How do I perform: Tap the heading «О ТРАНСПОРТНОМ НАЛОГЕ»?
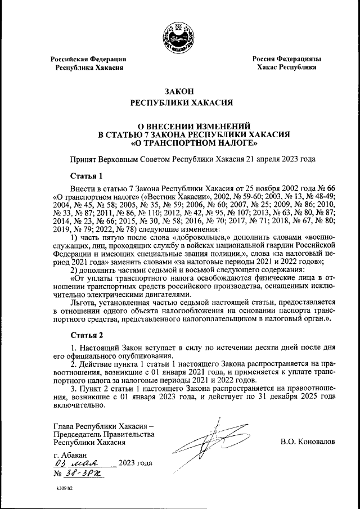click(x=179, y=143)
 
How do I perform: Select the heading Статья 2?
click(x=85, y=336)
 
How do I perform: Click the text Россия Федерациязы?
click(x=286, y=58)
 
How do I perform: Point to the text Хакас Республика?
click(x=286, y=67)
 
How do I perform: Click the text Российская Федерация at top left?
click(x=88, y=58)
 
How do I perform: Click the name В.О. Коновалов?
click(x=308, y=442)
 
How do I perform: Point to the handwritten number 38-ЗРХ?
click(x=84, y=474)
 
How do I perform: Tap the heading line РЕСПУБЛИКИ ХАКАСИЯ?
click(x=179, y=103)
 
